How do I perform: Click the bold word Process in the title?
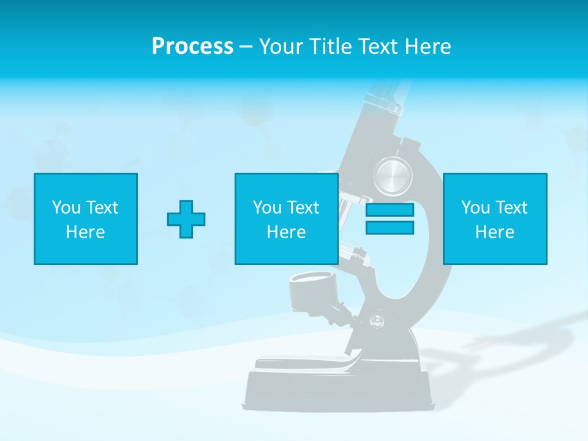[192, 47]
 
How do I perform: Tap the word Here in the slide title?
[428, 47]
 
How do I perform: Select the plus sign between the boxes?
[186, 219]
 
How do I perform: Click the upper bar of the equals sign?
[390, 210]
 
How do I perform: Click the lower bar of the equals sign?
[390, 228]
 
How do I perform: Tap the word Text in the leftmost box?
[102, 208]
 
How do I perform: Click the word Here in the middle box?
[286, 232]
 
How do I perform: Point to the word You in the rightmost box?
[475, 208]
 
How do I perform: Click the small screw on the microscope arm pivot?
[374, 319]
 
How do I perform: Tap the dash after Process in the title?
[246, 47]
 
